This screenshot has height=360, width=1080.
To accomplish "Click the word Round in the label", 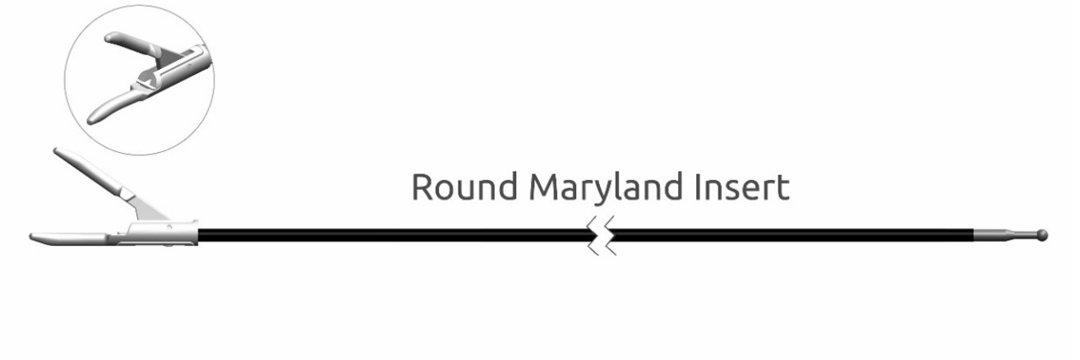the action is tap(464, 186).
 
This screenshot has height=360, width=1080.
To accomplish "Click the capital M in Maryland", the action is tap(543, 187).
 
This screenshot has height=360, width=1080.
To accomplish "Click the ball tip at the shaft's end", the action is tap(1042, 235).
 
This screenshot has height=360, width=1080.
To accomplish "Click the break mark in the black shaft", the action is tap(602, 235).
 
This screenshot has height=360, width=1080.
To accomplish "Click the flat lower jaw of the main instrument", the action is tap(72, 238).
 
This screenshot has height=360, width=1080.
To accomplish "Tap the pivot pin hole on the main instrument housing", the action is tap(168, 227).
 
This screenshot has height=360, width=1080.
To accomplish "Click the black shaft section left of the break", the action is tap(396, 235).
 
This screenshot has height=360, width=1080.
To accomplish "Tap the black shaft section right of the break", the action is tap(793, 235).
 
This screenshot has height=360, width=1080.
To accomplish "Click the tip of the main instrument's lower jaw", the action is tap(31, 237).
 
